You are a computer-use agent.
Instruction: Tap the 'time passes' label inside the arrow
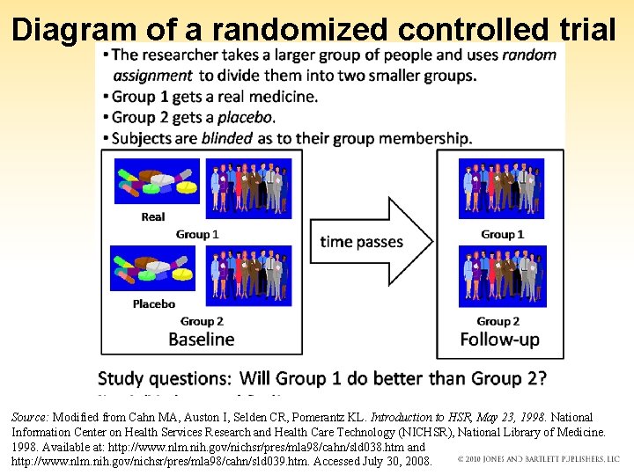(x=361, y=242)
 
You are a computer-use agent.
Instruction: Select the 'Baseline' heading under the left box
(x=202, y=340)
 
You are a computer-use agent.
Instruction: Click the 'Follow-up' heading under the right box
(x=499, y=340)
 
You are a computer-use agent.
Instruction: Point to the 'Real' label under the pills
(x=153, y=216)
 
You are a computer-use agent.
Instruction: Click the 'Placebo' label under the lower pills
(x=153, y=303)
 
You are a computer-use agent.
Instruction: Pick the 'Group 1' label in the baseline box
(x=197, y=234)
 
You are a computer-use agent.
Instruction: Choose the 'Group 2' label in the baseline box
(x=202, y=321)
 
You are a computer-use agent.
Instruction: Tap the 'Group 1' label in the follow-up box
(x=502, y=234)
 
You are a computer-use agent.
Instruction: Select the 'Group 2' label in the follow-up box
(x=498, y=321)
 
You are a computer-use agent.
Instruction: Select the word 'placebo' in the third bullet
(x=247, y=117)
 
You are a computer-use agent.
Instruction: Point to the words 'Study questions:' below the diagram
(x=165, y=378)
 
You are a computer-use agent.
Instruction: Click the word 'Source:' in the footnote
(x=31, y=417)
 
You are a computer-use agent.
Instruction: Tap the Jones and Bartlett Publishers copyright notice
(x=539, y=459)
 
